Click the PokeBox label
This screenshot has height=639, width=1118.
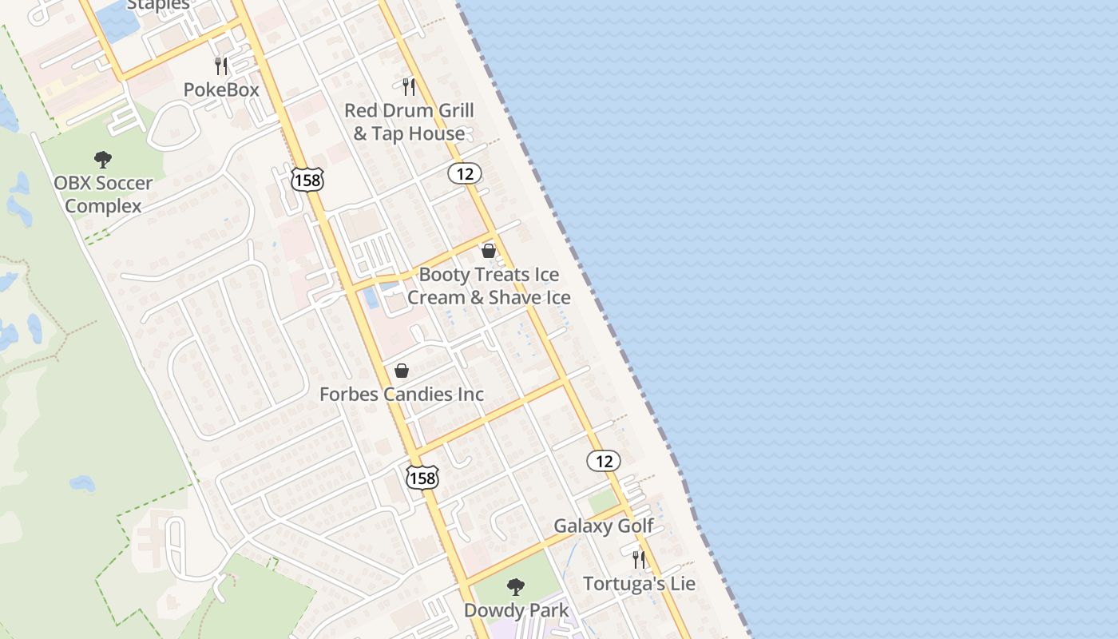(221, 89)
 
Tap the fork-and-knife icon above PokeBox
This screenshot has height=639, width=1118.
(221, 65)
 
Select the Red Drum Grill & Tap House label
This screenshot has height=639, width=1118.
(409, 121)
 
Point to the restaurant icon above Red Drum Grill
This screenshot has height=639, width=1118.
(409, 86)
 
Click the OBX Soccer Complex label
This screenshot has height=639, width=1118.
(103, 194)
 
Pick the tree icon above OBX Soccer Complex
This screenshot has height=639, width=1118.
(102, 159)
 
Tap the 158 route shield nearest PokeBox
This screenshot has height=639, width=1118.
(307, 180)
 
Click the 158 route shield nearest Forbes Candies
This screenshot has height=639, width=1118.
(422, 477)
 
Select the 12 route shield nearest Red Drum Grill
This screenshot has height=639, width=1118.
(464, 173)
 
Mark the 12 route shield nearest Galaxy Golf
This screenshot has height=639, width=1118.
(604, 460)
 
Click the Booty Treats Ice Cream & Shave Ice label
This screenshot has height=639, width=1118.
(489, 286)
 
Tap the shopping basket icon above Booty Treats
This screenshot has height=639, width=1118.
(489, 251)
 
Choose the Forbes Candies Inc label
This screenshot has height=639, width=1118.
(402, 394)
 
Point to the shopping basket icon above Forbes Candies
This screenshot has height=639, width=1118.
(402, 371)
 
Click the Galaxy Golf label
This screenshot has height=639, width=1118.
(604, 526)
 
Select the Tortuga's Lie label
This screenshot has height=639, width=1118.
(639, 583)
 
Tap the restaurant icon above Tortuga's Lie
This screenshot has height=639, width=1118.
(639, 560)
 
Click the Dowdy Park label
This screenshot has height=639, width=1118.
(517, 610)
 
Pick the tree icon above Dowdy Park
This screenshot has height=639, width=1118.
(516, 587)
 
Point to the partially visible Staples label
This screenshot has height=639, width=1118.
(159, 5)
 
